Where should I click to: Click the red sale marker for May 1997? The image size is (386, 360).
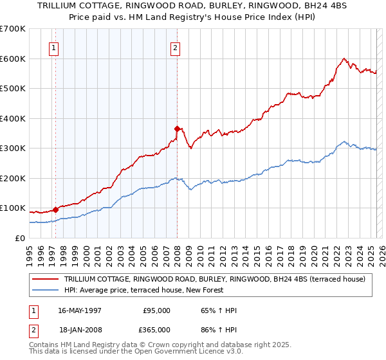56,209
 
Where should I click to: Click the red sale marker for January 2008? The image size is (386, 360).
177,129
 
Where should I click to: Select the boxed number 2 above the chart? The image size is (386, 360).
175,47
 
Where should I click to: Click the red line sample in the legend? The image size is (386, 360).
46,279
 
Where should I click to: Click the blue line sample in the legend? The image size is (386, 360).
46,290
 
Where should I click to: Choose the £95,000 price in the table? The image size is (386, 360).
156,310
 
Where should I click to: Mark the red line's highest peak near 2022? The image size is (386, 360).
344,59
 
